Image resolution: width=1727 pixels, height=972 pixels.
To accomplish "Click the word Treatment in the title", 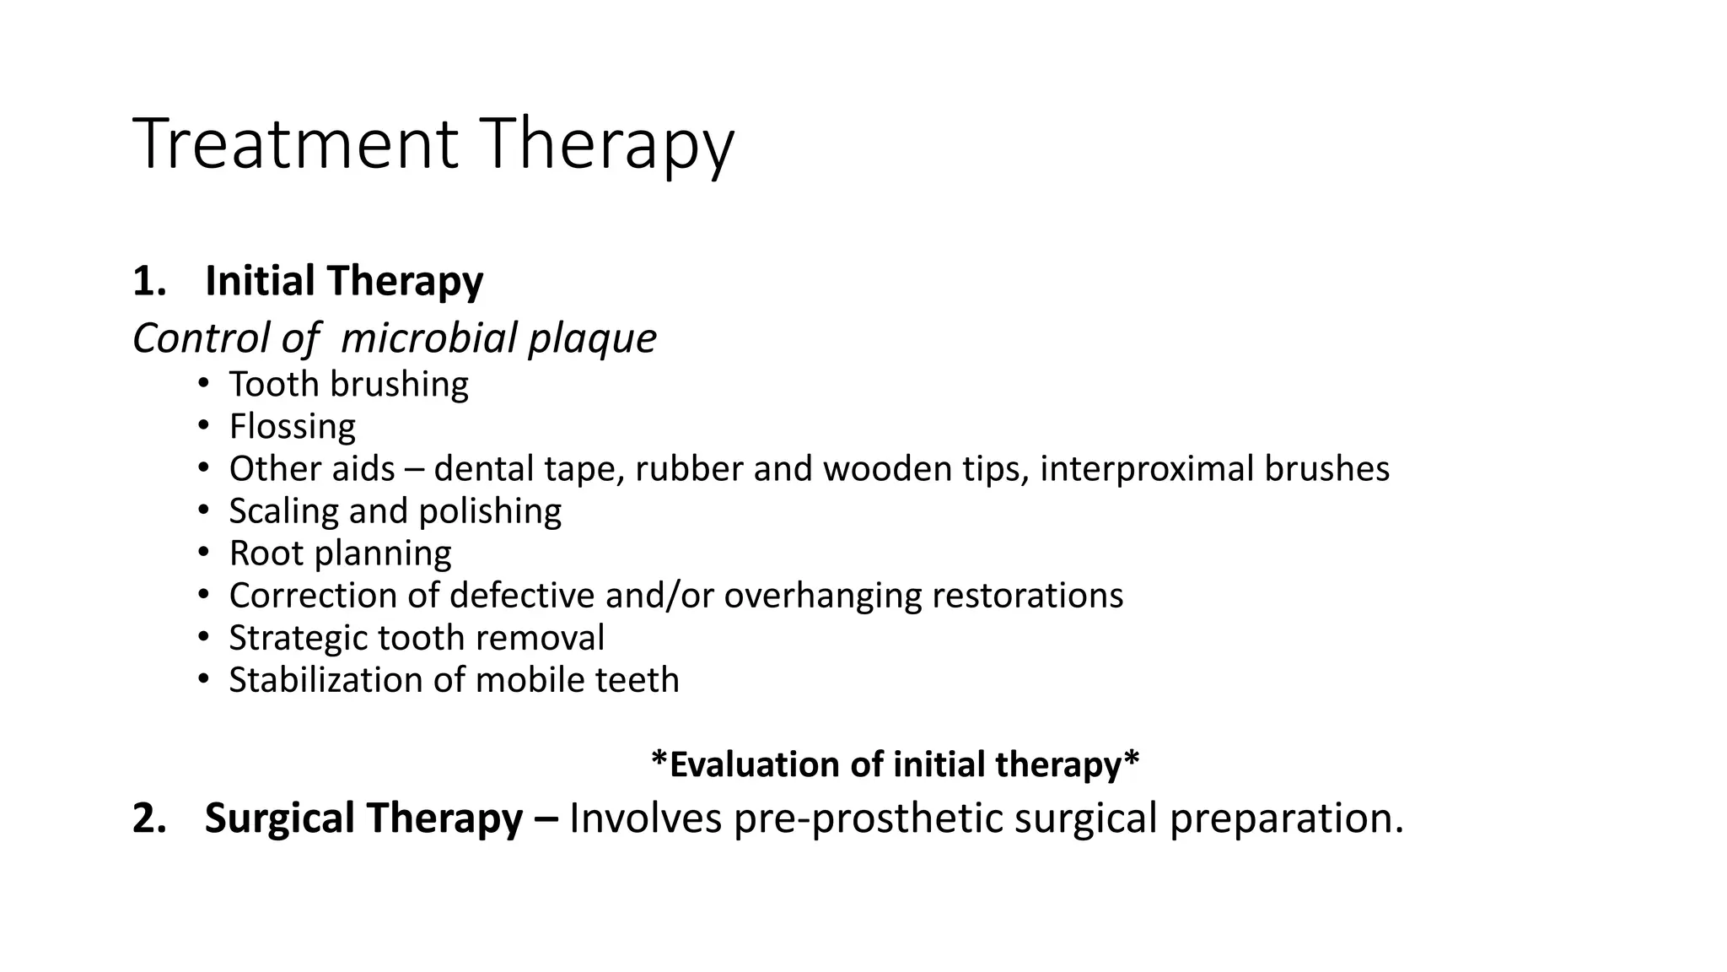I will (295, 145).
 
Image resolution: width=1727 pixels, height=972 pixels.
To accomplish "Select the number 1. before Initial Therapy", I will (148, 281).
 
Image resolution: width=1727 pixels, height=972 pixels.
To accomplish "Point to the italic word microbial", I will (428, 338).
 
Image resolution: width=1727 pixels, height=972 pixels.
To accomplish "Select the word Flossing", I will (292, 427).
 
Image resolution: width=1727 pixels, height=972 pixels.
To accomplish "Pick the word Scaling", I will (282, 511).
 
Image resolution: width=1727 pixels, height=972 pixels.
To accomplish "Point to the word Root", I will (266, 553).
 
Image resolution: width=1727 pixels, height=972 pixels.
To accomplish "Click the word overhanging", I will (822, 596).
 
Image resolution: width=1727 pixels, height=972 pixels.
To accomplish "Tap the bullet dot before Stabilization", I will (203, 680).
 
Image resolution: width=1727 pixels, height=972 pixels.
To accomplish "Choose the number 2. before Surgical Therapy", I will (148, 818).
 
